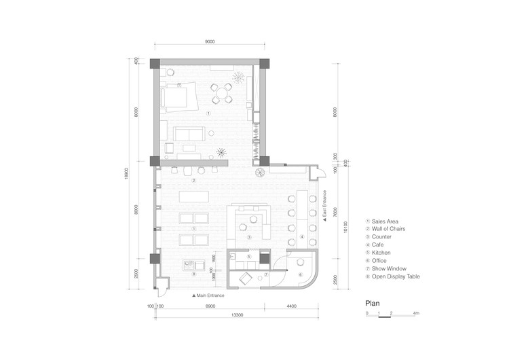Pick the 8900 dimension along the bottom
pos(211,306)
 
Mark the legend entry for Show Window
pos(388,268)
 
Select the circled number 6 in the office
pos(299,274)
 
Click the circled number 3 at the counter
pos(249,237)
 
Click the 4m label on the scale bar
pos(415,313)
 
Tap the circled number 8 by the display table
pos(193,274)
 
